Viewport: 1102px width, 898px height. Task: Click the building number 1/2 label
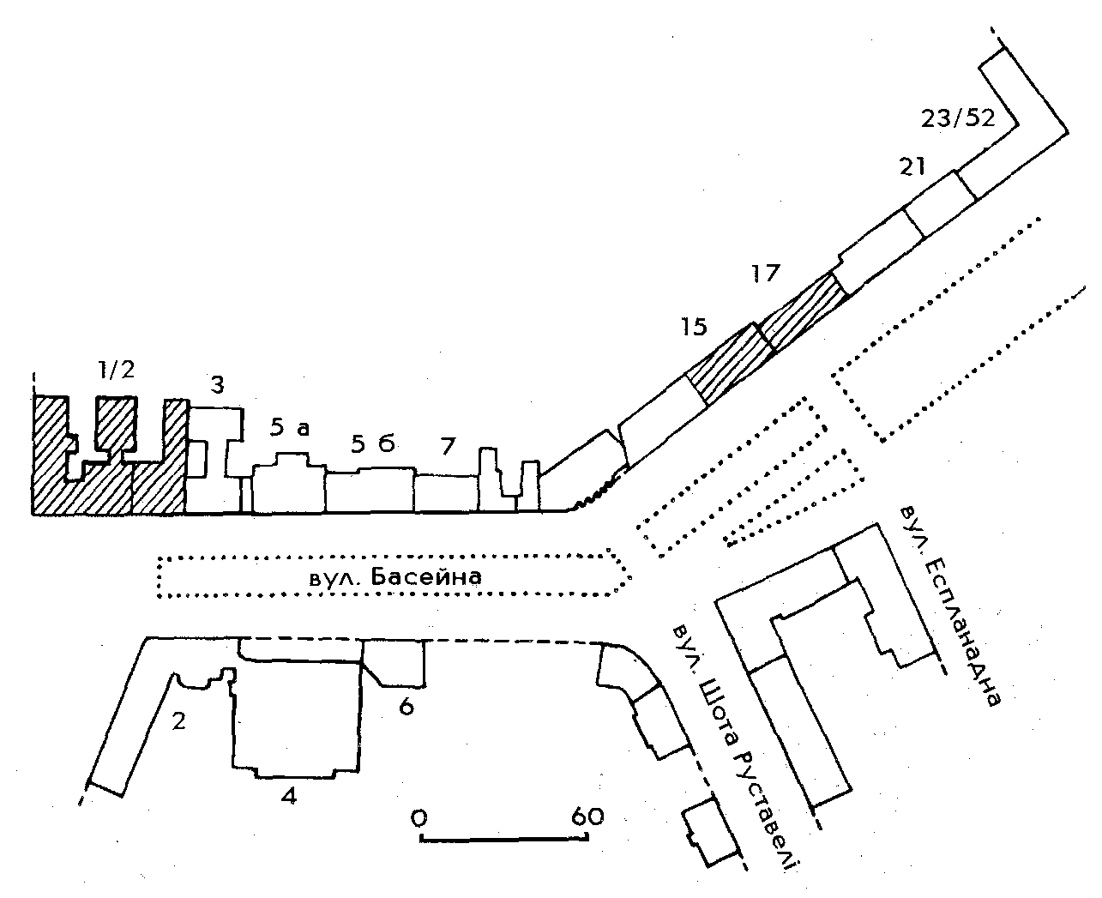click(x=116, y=371)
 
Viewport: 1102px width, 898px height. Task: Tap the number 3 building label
click(x=218, y=386)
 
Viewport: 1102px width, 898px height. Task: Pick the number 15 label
click(x=695, y=326)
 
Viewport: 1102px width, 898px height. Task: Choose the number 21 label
click(x=912, y=166)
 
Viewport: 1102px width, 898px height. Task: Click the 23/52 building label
click(x=957, y=118)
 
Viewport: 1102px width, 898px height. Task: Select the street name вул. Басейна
click(x=394, y=577)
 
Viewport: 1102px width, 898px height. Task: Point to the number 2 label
click(x=178, y=721)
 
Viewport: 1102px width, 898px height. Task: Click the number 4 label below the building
click(x=289, y=796)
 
